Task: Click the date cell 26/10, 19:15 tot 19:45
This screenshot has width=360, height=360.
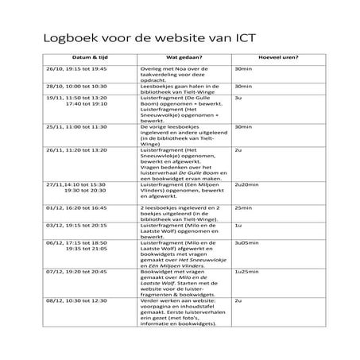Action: point(75,69)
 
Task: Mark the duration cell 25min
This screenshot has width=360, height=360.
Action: point(242,207)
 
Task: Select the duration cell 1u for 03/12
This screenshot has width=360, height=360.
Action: point(238,224)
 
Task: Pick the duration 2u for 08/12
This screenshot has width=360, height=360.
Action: point(238,301)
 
